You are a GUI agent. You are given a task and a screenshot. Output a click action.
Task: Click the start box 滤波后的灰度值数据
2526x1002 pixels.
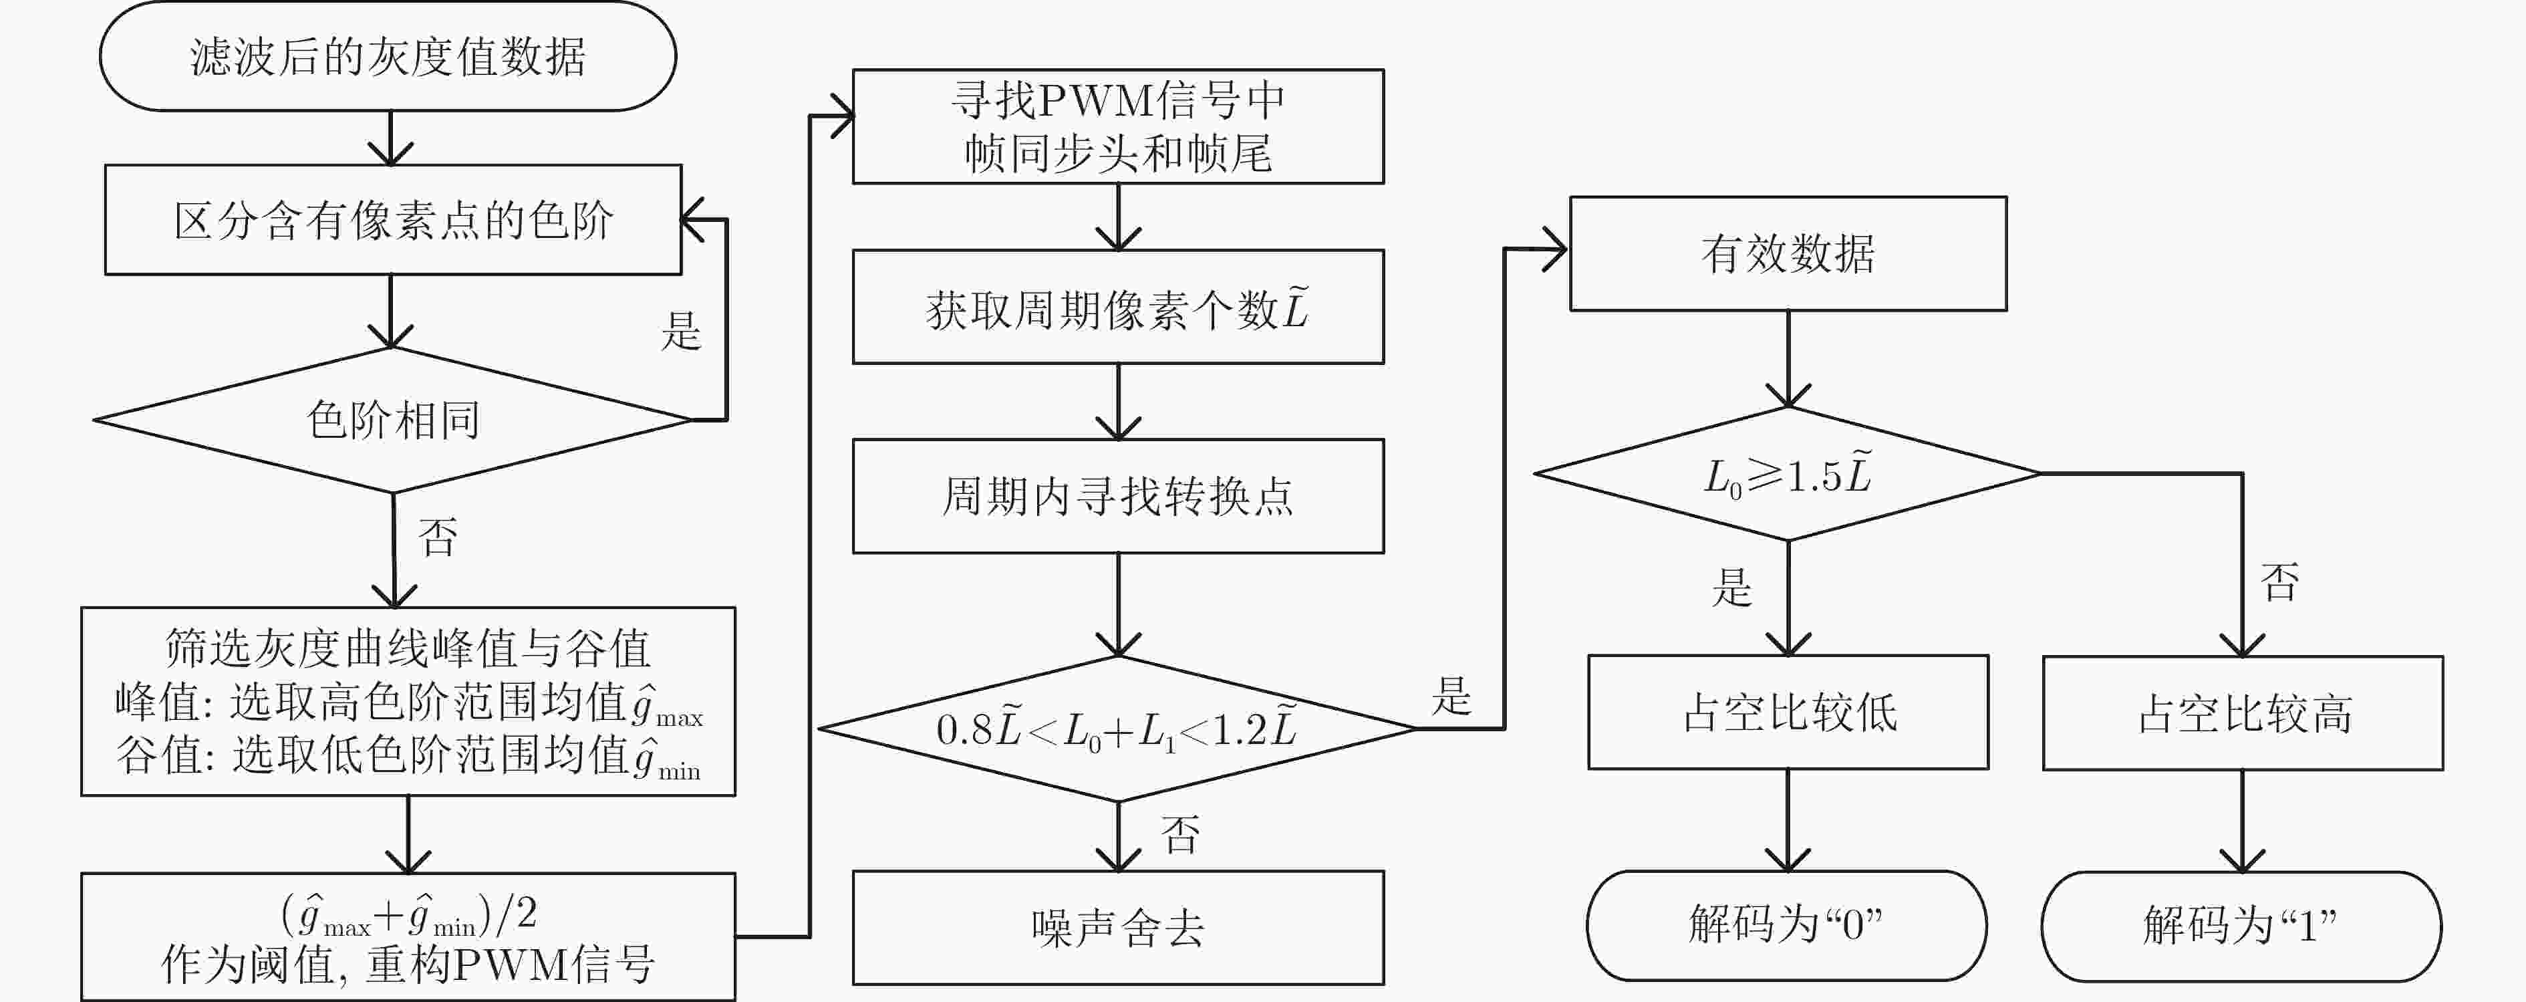(x=388, y=56)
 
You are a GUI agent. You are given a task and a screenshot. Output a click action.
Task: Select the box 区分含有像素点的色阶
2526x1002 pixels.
(x=393, y=220)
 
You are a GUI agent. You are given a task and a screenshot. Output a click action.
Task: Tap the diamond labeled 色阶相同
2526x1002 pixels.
(x=392, y=420)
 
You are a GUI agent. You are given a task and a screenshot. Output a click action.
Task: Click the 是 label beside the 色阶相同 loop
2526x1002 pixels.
(x=680, y=332)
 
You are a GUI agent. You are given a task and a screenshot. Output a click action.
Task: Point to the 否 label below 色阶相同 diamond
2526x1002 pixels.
(x=438, y=537)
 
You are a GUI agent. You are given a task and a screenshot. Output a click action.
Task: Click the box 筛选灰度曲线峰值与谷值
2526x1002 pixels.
(x=408, y=701)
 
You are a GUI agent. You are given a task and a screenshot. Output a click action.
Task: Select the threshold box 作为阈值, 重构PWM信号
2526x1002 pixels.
(x=408, y=936)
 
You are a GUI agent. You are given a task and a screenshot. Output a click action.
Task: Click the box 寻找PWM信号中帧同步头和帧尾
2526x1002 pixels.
(x=1118, y=126)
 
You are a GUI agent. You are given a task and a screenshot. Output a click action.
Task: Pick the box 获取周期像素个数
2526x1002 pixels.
(x=1118, y=307)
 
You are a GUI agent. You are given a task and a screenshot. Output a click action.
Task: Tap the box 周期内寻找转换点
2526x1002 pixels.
(x=1118, y=496)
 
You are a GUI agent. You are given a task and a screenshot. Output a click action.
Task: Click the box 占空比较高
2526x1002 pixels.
(x=2243, y=713)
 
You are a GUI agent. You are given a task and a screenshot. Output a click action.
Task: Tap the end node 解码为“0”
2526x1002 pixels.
(x=1787, y=926)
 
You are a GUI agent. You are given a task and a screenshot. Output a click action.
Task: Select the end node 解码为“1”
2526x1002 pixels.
(x=2241, y=926)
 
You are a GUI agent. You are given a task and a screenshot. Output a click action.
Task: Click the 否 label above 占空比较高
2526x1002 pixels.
(x=2280, y=582)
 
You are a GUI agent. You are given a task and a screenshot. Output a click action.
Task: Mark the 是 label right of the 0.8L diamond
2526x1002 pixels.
(x=1451, y=695)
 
